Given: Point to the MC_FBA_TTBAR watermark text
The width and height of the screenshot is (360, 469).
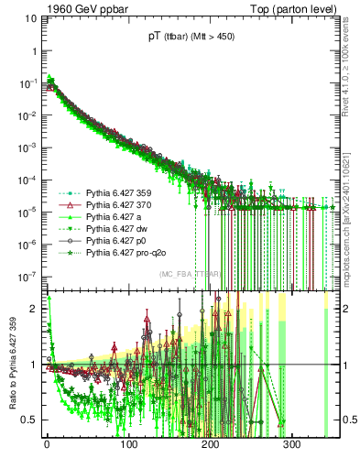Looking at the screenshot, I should (x=188, y=274).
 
